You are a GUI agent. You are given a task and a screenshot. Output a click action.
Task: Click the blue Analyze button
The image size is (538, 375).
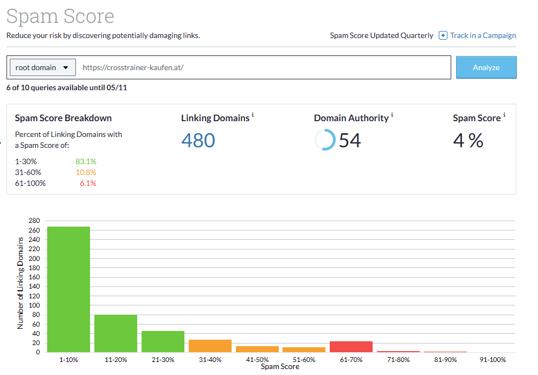486,67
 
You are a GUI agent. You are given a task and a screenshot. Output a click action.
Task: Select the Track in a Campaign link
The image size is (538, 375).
482,35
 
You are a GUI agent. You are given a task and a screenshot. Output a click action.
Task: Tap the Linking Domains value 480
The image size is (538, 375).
198,141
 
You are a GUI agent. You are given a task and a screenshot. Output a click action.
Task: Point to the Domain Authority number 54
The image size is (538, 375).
350,141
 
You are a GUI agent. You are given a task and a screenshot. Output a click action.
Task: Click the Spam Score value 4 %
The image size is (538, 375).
468,141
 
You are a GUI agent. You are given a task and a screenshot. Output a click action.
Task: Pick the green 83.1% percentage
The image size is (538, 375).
86,161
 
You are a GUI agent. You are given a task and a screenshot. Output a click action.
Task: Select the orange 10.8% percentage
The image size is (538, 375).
86,172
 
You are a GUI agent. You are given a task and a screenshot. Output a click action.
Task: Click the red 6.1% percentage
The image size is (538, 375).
88,183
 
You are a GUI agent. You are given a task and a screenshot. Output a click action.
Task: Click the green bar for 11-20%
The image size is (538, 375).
116,333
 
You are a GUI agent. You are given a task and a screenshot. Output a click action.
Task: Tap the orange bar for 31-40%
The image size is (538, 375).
210,346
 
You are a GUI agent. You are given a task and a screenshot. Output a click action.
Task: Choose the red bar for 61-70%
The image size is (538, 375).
351,346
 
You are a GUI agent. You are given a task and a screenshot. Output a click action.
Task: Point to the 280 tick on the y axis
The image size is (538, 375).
34,221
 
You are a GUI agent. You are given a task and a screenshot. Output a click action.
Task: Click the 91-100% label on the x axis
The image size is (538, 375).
492,360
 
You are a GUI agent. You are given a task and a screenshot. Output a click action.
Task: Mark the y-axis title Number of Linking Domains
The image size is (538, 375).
21,284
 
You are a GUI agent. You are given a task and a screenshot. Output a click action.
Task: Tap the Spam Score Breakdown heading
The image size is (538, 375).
63,118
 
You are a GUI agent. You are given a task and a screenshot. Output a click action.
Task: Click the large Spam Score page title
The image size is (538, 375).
60,16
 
